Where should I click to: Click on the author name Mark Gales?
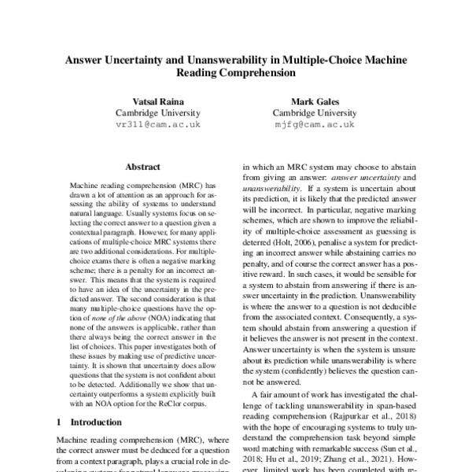(x=315, y=100)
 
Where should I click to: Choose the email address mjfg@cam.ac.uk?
(x=315, y=124)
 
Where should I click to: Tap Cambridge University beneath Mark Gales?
(x=315, y=112)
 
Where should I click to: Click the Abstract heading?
(x=142, y=167)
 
